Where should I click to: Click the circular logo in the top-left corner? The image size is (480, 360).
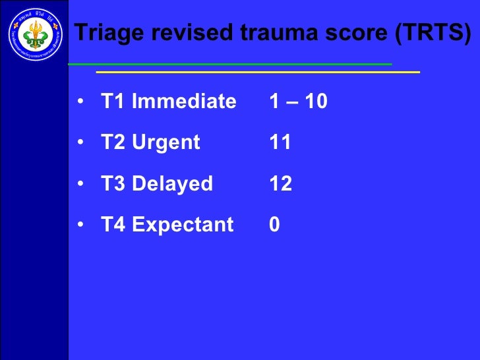coord(34,32)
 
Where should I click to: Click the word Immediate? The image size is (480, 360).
coord(184,102)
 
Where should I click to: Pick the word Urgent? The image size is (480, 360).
coord(166,142)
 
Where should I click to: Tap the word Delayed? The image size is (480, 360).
coord(173,184)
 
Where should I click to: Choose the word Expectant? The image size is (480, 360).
coord(183,225)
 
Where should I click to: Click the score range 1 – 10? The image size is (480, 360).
coord(298,102)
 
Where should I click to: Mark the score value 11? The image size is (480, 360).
coord(280,142)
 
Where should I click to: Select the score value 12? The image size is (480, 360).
coord(281,184)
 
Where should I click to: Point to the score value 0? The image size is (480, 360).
coord(275,225)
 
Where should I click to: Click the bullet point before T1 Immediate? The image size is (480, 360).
coord(80,102)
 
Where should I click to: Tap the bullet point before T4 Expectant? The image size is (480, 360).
coord(80,225)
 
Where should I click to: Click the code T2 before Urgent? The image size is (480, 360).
coord(113,142)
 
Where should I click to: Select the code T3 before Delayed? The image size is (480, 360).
coord(113,184)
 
